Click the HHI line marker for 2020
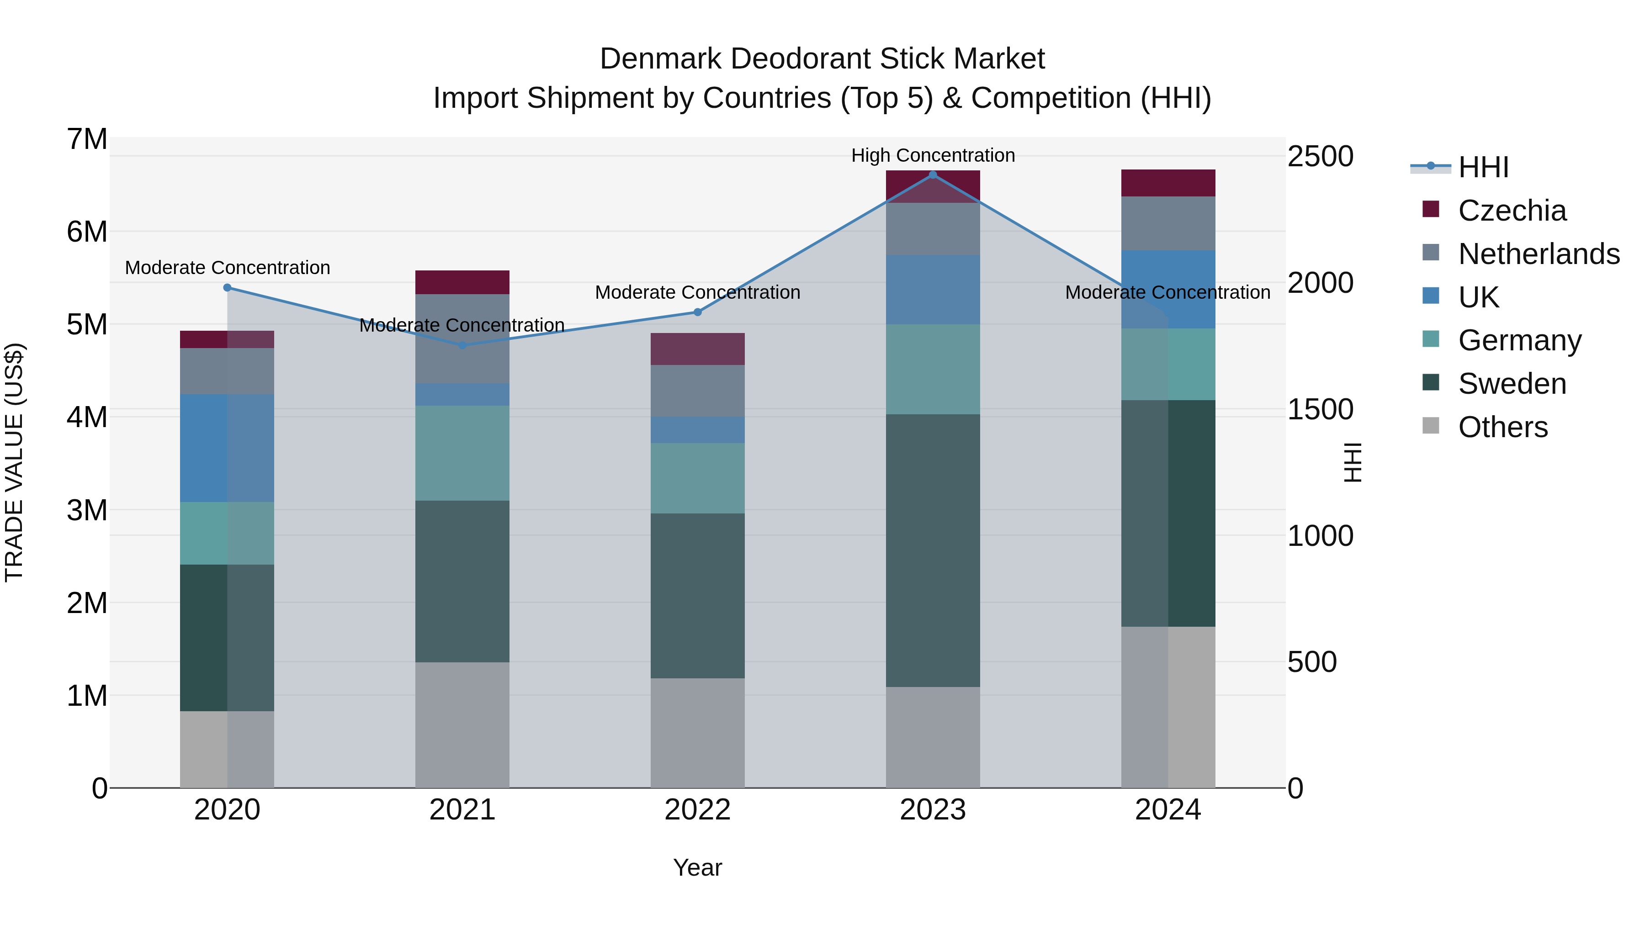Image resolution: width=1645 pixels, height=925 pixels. tap(228, 288)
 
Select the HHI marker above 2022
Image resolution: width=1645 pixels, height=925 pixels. tap(697, 312)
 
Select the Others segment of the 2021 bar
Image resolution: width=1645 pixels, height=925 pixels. tap(462, 724)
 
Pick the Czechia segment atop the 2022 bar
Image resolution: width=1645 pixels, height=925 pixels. tap(697, 349)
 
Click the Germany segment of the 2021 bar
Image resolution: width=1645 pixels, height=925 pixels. tap(462, 453)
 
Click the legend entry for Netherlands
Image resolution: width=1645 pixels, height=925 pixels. tap(1539, 254)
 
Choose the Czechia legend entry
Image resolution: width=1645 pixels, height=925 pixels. tap(1512, 211)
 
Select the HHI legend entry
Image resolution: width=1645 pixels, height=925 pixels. tap(1483, 167)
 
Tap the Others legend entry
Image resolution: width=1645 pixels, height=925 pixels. tap(1502, 427)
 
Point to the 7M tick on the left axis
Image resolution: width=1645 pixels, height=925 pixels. tap(87, 139)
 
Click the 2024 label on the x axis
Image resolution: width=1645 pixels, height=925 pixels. tap(1167, 810)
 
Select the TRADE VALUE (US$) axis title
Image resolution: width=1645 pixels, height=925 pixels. tap(14, 462)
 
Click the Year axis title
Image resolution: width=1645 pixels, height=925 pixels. tap(697, 867)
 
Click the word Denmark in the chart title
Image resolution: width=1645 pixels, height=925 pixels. tap(660, 59)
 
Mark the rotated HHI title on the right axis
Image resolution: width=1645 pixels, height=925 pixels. tap(1353, 462)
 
